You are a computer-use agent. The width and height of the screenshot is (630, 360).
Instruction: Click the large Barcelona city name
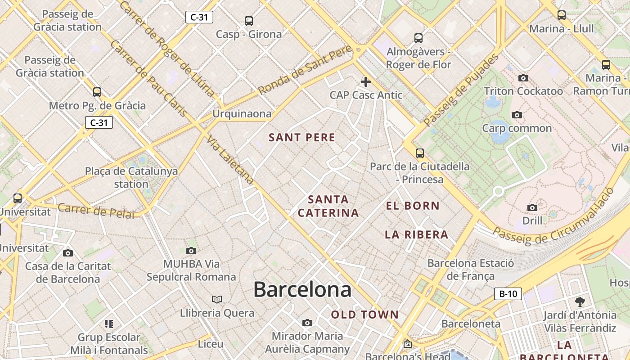(x=302, y=289)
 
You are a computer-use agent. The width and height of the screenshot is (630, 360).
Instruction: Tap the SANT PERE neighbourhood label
(x=302, y=138)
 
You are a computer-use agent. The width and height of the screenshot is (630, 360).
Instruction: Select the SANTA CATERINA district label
(x=328, y=206)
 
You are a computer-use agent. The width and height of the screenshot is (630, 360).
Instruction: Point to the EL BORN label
(x=413, y=206)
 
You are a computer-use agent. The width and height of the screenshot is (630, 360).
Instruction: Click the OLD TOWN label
(x=365, y=315)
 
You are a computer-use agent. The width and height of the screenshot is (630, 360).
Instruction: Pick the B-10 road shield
(x=508, y=294)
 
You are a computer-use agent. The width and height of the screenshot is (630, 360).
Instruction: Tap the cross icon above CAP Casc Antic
(x=366, y=82)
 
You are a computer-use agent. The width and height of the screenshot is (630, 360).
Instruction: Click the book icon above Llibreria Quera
(x=217, y=299)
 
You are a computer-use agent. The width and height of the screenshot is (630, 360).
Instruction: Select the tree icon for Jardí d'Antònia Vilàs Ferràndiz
(x=580, y=301)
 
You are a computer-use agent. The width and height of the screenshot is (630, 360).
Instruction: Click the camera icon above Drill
(x=532, y=207)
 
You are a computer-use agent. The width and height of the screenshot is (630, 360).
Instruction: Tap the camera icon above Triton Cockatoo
(x=523, y=78)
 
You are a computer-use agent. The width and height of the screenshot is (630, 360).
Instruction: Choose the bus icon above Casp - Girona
(x=249, y=21)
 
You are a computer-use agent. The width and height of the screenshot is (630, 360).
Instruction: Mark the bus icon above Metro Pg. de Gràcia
(x=97, y=92)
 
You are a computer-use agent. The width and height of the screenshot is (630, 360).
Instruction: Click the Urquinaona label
(x=242, y=114)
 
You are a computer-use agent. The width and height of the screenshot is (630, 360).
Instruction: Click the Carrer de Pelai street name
(x=96, y=211)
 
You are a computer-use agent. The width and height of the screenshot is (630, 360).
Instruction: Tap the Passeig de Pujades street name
(x=461, y=90)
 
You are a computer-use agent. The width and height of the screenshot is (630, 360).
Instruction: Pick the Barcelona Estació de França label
(x=470, y=269)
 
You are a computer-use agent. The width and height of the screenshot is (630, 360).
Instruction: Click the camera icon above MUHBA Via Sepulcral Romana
(x=191, y=251)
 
